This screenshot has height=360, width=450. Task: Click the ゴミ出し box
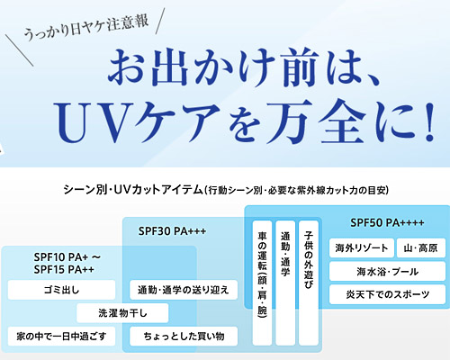61,290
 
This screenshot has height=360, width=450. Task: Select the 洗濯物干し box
122,313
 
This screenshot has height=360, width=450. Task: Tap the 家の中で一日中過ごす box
61,337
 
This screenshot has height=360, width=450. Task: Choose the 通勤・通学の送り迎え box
184,290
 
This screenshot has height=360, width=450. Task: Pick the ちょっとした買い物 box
184,337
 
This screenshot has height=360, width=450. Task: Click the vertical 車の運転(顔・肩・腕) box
262,283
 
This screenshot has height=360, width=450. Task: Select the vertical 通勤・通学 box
285,283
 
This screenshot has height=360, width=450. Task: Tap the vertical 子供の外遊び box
309,283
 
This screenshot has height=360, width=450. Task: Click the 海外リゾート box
362,248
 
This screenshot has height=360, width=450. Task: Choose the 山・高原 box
421,248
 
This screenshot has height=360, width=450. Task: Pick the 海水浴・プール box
387,272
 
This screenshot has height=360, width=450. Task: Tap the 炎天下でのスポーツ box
387,294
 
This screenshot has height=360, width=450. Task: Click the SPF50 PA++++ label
387,223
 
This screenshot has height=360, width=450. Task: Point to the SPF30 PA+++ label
172,231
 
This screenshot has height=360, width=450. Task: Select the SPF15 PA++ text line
64,269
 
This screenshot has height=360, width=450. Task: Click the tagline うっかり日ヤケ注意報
86,28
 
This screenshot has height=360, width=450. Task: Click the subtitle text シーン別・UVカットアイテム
133,190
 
